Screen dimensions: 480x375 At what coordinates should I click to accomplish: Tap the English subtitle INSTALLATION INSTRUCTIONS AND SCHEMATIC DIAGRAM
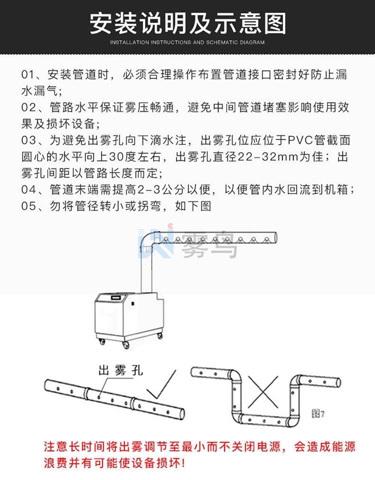(x=187, y=42)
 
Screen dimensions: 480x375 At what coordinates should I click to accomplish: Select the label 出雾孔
(x=120, y=370)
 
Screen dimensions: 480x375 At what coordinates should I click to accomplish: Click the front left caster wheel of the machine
(x=102, y=342)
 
